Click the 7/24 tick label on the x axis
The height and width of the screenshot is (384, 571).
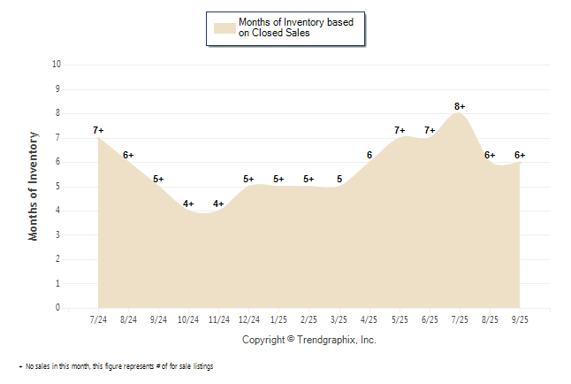[x=98, y=319]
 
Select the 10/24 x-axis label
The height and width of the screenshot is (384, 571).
[x=188, y=319]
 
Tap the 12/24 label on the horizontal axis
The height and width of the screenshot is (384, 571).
[x=248, y=319]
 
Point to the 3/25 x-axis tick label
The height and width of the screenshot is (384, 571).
[x=339, y=319]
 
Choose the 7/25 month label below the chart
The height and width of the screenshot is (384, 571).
[x=460, y=319]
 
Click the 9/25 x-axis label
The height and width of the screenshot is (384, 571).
[x=520, y=319]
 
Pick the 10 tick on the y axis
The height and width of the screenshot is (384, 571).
[x=57, y=65]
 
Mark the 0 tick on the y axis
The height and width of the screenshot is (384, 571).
[x=58, y=308]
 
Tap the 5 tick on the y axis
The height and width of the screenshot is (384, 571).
[x=58, y=187]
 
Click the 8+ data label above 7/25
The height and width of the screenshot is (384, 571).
[x=460, y=106]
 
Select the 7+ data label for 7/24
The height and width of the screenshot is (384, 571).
[x=98, y=131]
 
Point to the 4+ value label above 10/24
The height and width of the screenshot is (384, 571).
[x=188, y=204]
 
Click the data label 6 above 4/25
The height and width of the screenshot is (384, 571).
[x=369, y=155]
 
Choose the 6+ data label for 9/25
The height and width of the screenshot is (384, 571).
[x=520, y=155]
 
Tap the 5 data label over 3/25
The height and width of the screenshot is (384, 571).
[x=339, y=180]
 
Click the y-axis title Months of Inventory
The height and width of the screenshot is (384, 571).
[x=34, y=186]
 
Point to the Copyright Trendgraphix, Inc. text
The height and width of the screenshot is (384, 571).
[x=308, y=340]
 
